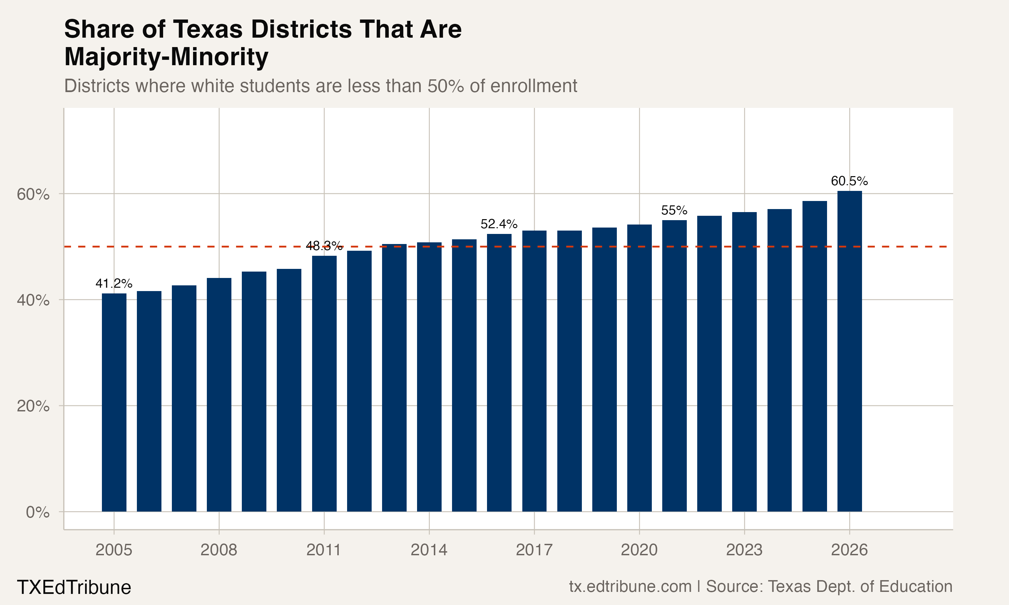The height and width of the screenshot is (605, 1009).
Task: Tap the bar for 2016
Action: [499, 373]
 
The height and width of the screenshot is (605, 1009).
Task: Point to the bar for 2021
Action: [674, 366]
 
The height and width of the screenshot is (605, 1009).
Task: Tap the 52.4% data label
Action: [499, 224]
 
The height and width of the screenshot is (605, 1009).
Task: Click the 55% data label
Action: [674, 210]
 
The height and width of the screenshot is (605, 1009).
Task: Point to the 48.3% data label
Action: [324, 246]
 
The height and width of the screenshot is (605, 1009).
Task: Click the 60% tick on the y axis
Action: [33, 195]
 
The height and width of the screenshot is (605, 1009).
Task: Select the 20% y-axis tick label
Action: [33, 406]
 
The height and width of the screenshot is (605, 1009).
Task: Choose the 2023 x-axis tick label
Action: [744, 550]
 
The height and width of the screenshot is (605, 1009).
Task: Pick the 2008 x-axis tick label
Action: [219, 550]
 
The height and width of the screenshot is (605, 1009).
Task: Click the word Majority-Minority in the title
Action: [166, 57]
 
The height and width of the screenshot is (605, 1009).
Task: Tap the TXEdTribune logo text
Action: [74, 588]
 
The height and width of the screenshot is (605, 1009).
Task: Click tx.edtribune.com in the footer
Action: [630, 587]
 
